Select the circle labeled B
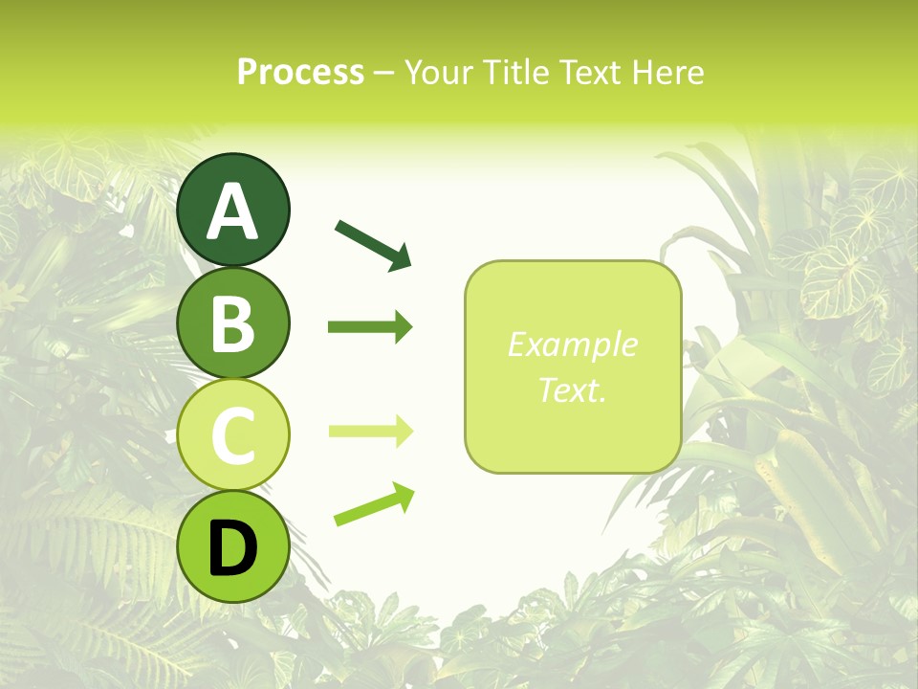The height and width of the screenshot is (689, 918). coord(233,322)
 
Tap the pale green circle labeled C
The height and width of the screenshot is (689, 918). coord(233,434)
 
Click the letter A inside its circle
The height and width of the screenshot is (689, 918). coord(233,211)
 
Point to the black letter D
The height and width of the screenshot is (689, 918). coord(233,550)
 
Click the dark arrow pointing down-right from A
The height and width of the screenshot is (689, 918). coord(373,244)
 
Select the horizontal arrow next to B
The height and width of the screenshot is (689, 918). coord(370,327)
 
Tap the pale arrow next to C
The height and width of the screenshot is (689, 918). coord(370,432)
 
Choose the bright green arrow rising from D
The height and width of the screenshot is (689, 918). coord(374,504)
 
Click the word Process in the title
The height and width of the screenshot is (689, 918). coord(300,73)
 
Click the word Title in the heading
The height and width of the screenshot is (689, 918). coord(511,73)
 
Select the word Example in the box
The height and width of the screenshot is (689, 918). coord(573,344)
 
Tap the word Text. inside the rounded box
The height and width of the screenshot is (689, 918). coord(573,389)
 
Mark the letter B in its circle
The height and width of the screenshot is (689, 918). coord(233,325)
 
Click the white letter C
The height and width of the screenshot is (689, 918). coord(233,436)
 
